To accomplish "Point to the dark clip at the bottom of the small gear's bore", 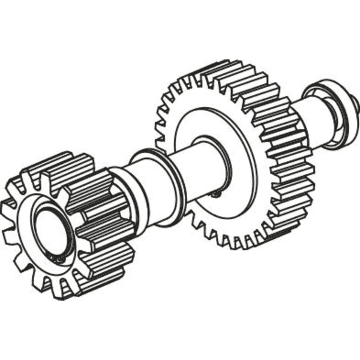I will coord(60,258).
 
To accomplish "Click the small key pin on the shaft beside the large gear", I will coord(218,193).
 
